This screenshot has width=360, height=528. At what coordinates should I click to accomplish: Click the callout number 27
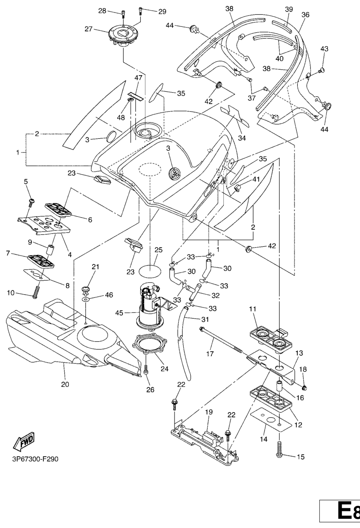(x=100, y=29)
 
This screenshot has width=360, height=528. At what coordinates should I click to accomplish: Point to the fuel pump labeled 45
(x=149, y=308)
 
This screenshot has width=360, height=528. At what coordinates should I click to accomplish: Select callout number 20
(x=65, y=384)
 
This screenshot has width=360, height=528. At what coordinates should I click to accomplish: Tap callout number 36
(x=305, y=15)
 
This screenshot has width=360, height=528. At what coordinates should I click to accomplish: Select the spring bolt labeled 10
(x=36, y=291)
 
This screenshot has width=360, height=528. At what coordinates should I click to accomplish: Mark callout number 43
(x=324, y=49)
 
